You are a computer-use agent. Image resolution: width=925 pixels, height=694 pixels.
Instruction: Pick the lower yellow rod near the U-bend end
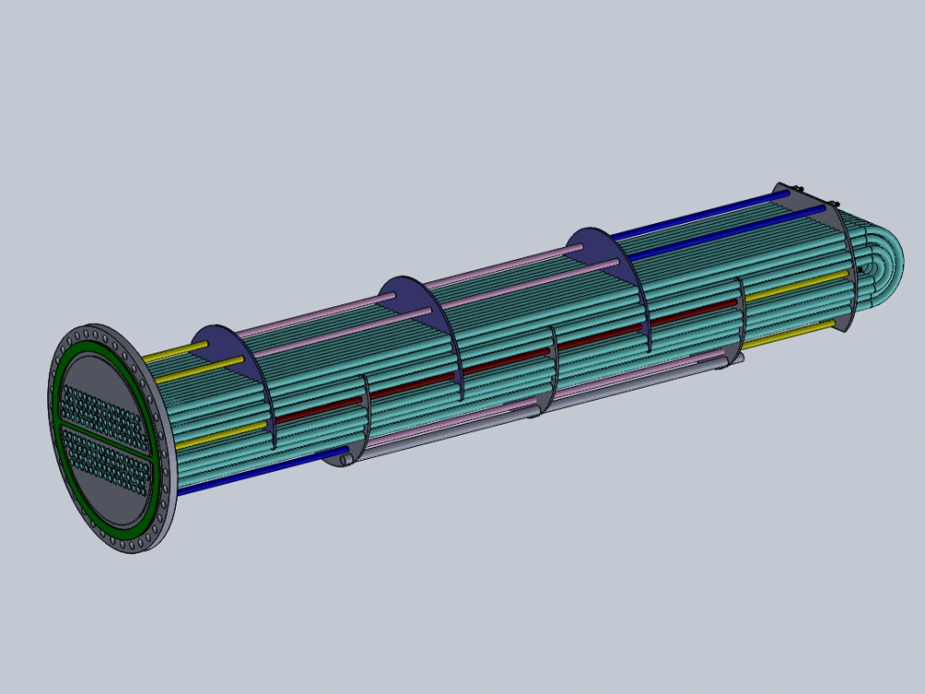click(x=791, y=333)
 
